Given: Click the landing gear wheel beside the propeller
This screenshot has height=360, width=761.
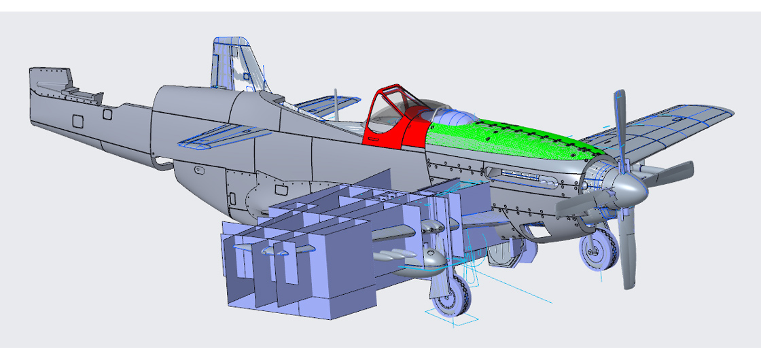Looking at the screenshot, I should tap(598, 250).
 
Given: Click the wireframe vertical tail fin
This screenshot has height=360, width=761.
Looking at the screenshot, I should tap(234, 65).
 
